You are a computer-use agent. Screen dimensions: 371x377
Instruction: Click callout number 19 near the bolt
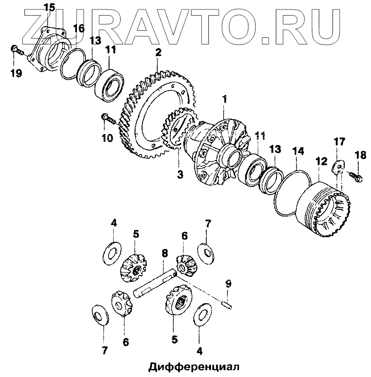[16, 72]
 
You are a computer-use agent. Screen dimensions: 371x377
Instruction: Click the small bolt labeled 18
[355, 176]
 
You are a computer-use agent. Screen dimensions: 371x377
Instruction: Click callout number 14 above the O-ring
[297, 152]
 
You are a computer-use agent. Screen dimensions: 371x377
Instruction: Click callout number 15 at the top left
[49, 7]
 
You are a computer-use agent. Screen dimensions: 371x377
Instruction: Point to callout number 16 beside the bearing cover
[78, 28]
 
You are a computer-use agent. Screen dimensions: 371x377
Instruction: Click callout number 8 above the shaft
[164, 253]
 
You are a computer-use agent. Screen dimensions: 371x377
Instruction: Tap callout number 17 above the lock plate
[340, 141]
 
